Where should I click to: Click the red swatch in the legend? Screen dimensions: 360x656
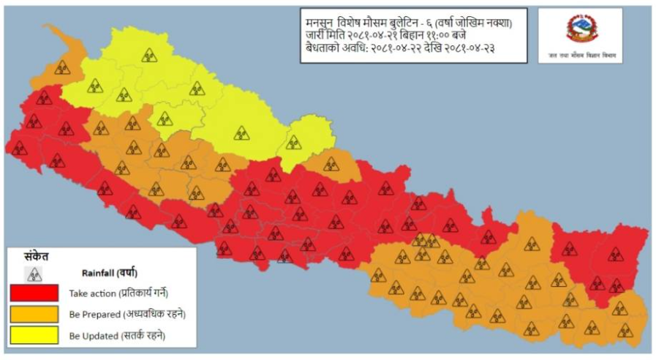(34, 293)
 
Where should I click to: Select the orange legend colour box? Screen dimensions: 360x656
(34, 314)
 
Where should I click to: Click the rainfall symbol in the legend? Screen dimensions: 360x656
(34, 274)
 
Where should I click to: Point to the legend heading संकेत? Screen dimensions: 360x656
(32, 257)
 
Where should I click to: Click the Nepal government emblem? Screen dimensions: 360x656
(582, 29)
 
